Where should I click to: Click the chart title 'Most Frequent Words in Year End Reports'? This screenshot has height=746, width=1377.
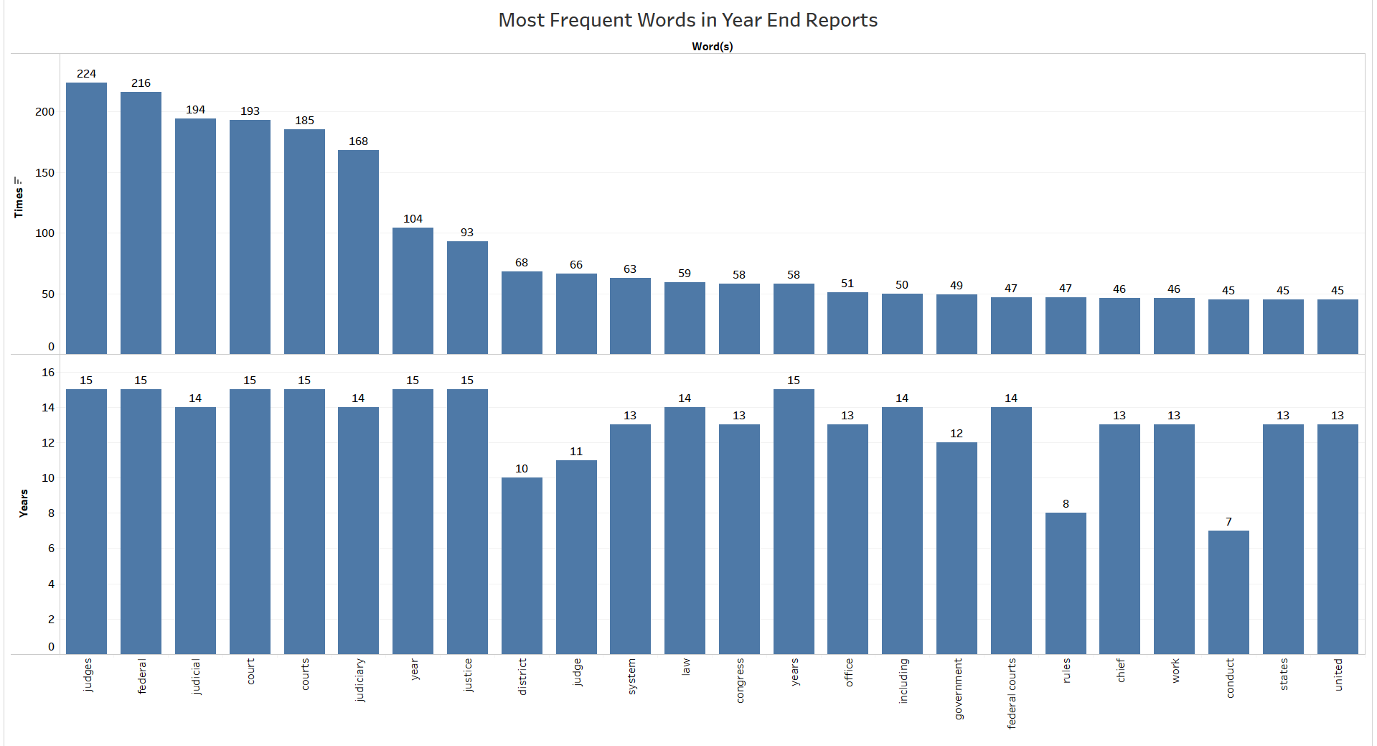click(687, 20)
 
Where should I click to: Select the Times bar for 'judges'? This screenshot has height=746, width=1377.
click(86, 218)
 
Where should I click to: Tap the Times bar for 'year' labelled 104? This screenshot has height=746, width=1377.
click(413, 291)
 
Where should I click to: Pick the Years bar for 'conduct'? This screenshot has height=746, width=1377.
click(1228, 592)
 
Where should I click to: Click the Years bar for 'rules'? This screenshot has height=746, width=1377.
click(1066, 583)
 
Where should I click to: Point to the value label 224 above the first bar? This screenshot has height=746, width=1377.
click(86, 74)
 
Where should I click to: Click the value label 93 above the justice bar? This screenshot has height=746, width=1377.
click(467, 233)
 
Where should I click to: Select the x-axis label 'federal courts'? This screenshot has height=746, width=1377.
click(1011, 693)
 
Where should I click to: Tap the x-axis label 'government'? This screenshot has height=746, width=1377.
click(957, 689)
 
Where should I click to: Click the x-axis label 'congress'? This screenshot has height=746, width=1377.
click(739, 680)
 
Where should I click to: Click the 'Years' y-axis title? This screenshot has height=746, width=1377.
click(24, 503)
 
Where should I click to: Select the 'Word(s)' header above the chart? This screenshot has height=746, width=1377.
click(712, 47)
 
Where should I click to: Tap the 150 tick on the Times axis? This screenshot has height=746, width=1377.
click(44, 173)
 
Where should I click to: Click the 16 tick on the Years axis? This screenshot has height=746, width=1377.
click(48, 373)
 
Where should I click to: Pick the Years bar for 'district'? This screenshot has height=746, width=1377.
click(522, 566)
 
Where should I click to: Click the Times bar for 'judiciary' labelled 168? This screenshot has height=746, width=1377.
click(358, 252)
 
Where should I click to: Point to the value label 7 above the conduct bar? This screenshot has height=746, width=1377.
click(1228, 522)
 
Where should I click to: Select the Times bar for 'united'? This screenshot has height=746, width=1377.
click(1338, 327)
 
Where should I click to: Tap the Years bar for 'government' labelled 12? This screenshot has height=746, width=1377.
click(957, 548)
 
